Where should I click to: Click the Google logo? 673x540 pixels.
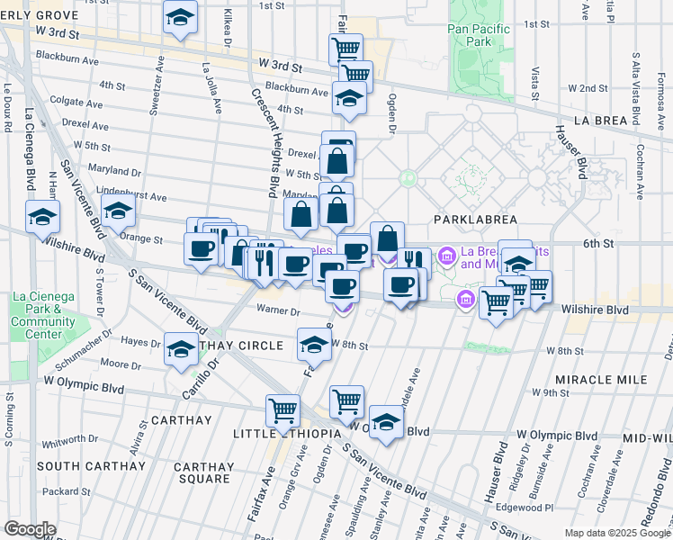click(30, 529)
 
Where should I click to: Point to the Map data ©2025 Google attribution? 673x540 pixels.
click(617, 533)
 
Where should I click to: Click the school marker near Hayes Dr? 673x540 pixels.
click(181, 348)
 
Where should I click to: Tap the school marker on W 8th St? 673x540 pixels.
click(314, 344)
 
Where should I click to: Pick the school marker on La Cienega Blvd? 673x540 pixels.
click(42, 217)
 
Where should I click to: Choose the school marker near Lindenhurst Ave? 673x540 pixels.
click(118, 211)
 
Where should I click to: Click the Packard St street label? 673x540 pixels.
click(61, 491)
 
